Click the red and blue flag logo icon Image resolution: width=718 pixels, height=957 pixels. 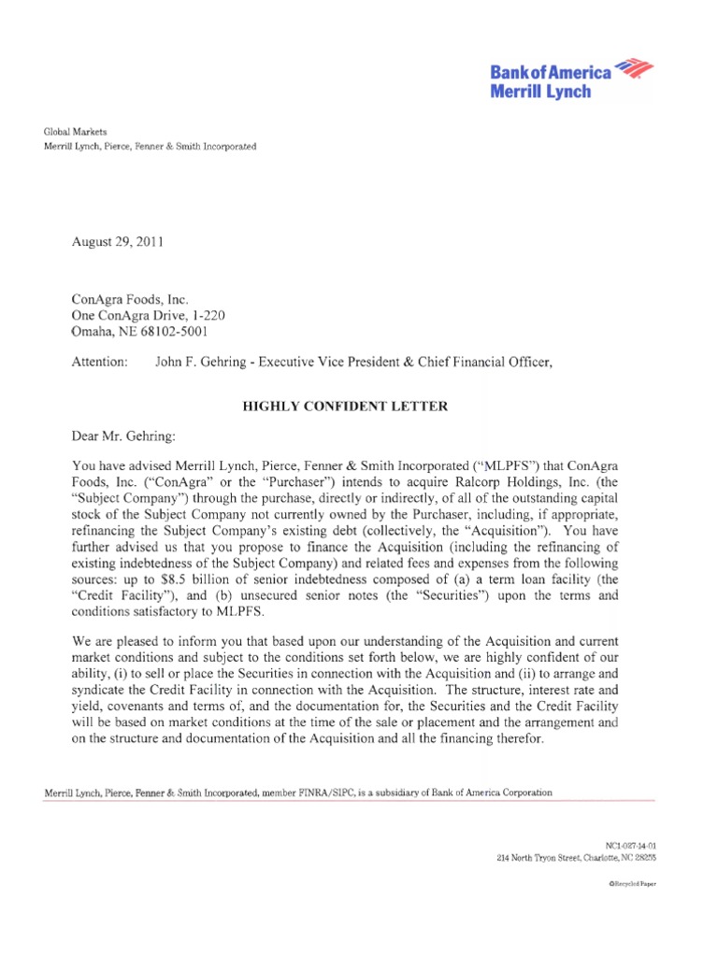pyautogui.click(x=635, y=68)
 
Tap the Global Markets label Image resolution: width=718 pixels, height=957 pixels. pyautogui.click(x=76, y=133)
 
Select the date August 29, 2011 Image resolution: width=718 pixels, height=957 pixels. pyautogui.click(x=118, y=242)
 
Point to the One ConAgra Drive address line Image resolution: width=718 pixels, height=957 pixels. pyautogui.click(x=148, y=316)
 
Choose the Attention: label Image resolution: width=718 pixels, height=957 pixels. pyautogui.click(x=100, y=363)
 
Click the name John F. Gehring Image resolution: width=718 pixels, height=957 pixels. pyautogui.click(x=201, y=363)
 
